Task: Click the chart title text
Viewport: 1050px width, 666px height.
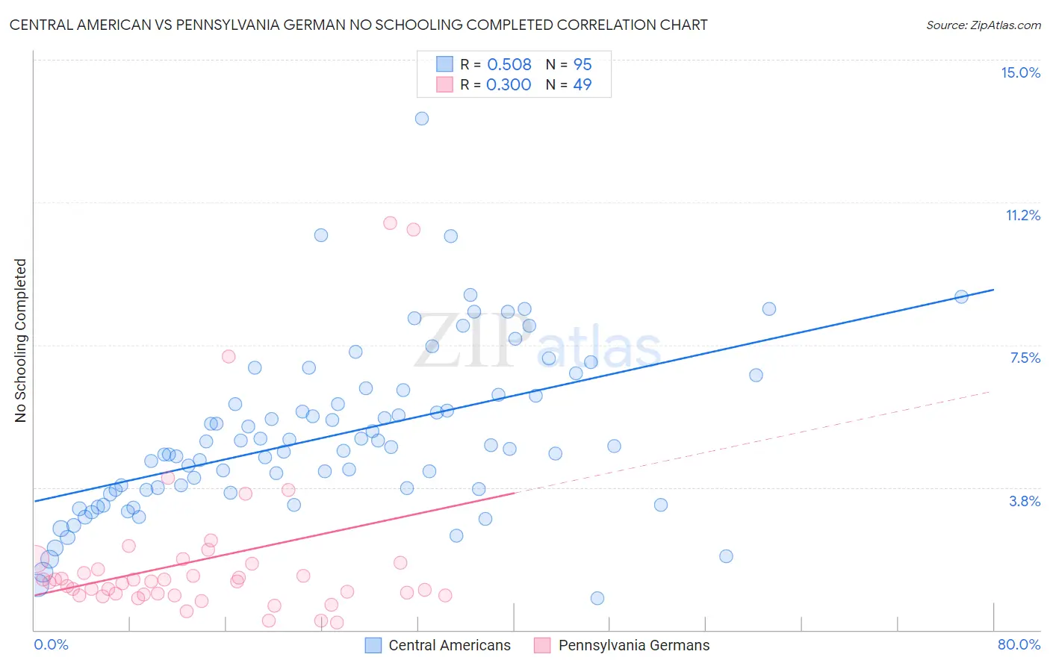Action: tap(358, 25)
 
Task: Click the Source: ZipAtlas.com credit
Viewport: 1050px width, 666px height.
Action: tap(983, 25)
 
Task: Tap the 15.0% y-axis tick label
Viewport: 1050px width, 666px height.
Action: tap(1020, 72)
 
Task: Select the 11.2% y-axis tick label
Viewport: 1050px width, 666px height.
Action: tap(1022, 215)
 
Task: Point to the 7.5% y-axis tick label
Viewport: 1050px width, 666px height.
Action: tap(1025, 358)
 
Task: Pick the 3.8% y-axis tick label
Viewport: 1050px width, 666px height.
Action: tap(1025, 501)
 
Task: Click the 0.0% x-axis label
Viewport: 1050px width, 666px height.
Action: tap(52, 644)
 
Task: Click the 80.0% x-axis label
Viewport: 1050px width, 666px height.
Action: tap(1019, 644)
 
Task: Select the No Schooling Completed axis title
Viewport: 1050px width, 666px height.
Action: tap(21, 340)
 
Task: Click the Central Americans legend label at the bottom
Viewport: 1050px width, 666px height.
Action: tap(450, 645)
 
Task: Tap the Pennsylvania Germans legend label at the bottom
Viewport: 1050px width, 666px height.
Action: tap(634, 645)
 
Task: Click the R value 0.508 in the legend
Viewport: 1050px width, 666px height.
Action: tap(509, 64)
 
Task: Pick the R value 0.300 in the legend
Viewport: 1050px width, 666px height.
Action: tap(509, 84)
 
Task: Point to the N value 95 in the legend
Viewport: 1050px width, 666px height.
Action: tap(583, 64)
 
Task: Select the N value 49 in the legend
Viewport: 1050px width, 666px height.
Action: tap(583, 84)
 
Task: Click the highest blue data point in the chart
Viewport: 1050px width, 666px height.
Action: tap(422, 118)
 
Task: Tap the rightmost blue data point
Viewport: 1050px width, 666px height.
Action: tap(961, 296)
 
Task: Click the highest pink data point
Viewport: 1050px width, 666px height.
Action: tap(390, 222)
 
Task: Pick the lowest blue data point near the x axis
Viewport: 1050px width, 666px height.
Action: tap(597, 598)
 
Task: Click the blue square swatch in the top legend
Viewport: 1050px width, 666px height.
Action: tap(444, 64)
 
